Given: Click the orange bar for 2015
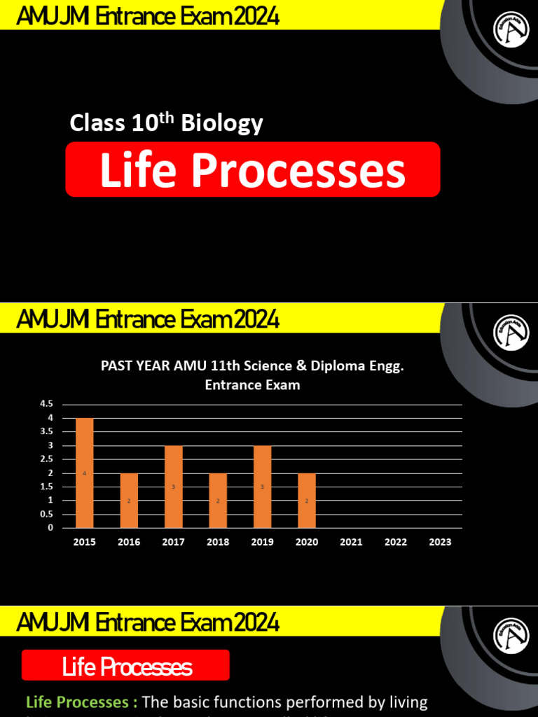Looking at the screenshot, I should click(85, 473).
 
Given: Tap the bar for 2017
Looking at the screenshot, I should click(173, 487).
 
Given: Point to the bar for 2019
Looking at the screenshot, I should click(262, 487).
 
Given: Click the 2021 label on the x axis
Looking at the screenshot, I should click(351, 542).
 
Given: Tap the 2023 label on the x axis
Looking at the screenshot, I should click(440, 542).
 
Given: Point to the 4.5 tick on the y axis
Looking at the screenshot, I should click(47, 404).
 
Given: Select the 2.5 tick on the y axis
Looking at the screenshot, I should click(47, 459).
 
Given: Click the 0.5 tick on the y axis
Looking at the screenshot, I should click(47, 515).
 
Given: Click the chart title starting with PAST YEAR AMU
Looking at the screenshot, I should click(253, 375).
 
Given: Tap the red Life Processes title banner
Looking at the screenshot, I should click(253, 169).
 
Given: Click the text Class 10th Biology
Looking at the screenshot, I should click(166, 123).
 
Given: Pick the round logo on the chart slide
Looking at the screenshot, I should click(511, 332).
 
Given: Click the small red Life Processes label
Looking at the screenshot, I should click(126, 666).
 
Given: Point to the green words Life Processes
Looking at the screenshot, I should click(77, 702).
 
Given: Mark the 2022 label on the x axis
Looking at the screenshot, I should click(396, 542).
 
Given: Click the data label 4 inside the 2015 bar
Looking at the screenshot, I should click(85, 473).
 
